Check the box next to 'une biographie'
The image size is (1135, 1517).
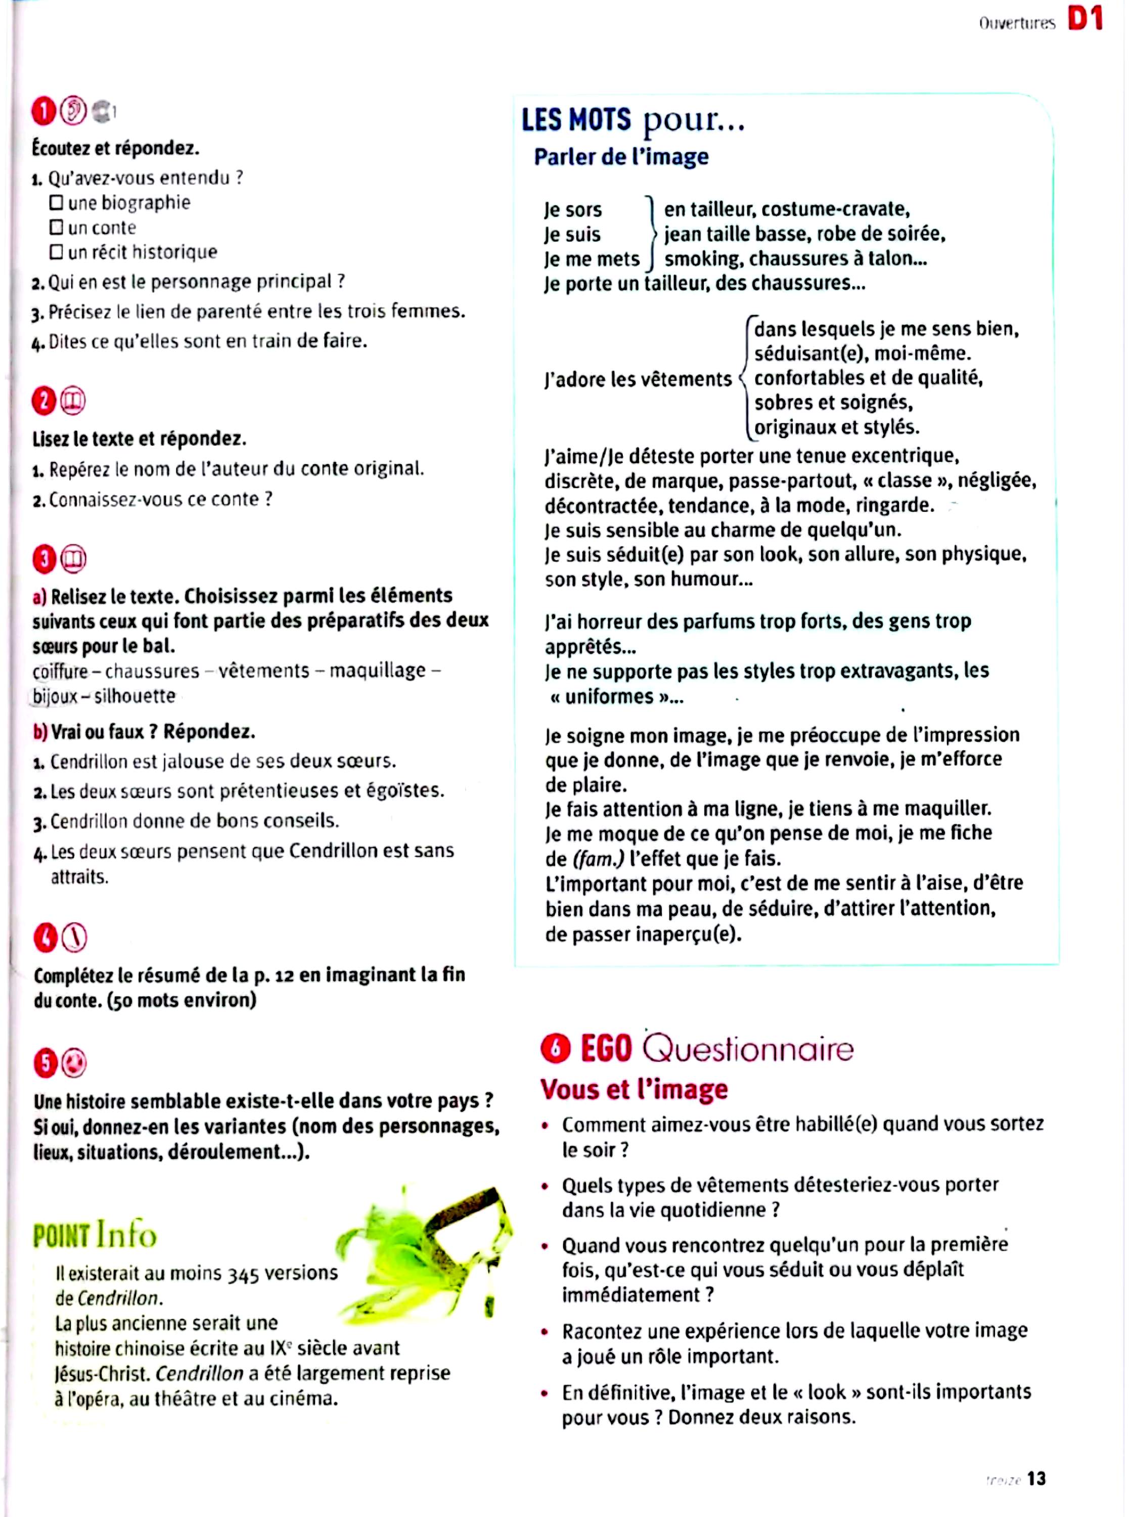click(56, 203)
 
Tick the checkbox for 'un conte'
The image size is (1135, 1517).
click(56, 227)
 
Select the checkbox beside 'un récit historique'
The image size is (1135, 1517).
click(56, 252)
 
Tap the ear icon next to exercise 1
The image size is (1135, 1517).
click(73, 111)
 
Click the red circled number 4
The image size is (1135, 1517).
click(46, 938)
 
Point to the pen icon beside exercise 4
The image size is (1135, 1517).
click(74, 938)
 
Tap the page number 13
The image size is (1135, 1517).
click(1036, 1478)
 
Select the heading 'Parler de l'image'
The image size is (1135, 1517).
click(621, 157)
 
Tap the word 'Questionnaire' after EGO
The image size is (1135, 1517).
click(748, 1049)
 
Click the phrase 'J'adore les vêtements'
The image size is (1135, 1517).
click(638, 379)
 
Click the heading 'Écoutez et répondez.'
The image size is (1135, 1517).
click(115, 148)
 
